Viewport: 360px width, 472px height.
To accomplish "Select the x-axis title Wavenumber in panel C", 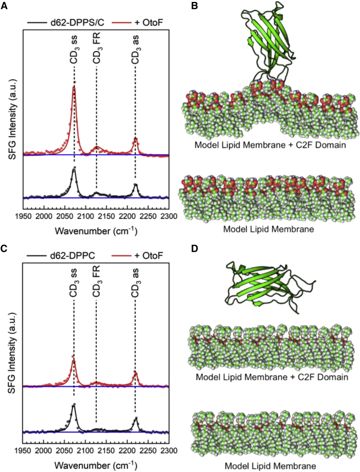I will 95,467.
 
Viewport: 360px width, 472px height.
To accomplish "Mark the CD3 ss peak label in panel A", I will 74,49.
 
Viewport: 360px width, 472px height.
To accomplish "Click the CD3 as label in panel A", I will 135,49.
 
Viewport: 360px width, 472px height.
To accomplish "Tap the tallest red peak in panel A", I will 74,88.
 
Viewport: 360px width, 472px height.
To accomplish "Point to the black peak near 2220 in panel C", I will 136,418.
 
